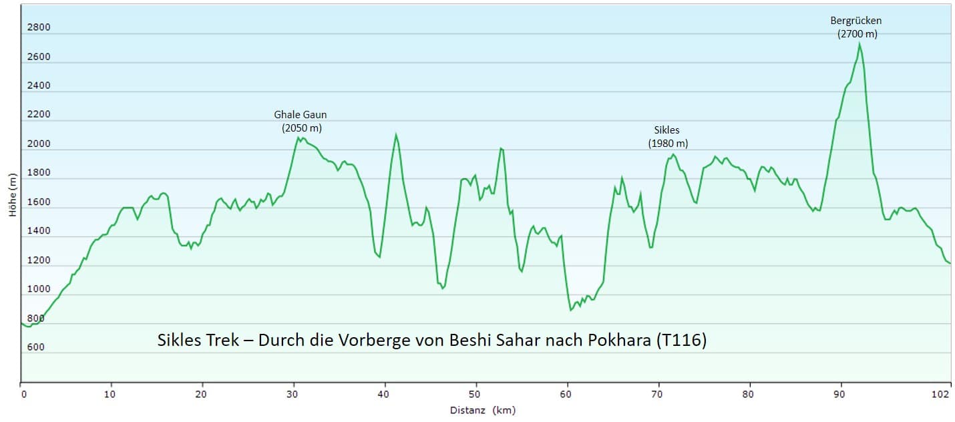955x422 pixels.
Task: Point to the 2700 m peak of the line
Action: [x=859, y=43]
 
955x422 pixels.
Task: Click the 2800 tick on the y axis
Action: [x=38, y=27]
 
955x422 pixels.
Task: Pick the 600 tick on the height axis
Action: [x=35, y=347]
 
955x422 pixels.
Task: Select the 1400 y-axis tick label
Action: [x=38, y=231]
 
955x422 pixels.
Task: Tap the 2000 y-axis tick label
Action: [x=38, y=144]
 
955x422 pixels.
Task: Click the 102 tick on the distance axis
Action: [x=940, y=395]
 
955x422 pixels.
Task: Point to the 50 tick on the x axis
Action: [x=476, y=395]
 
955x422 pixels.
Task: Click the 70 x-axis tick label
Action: [x=658, y=395]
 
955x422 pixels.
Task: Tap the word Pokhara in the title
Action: [x=618, y=340]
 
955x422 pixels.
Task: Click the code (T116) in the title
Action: [x=681, y=340]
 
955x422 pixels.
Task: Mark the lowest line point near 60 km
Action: [x=570, y=310]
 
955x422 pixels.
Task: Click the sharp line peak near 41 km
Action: [x=396, y=134]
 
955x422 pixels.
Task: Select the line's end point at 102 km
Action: [x=950, y=263]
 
